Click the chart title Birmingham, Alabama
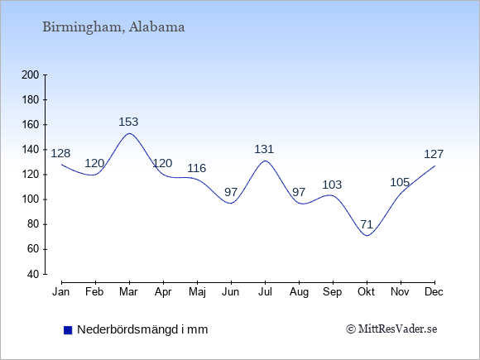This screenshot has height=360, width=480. coord(113,27)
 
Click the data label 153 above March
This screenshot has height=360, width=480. coord(128,122)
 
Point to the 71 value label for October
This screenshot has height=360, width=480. coord(367,224)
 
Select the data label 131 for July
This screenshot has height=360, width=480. coord(264,149)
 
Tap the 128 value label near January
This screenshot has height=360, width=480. coord(60,153)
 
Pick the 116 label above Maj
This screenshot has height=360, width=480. coord(196,168)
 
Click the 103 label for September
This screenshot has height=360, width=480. coord(332,185)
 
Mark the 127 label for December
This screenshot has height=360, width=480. coord(434,154)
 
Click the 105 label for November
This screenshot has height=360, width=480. coord(400,182)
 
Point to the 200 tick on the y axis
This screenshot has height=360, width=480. coord(31,74)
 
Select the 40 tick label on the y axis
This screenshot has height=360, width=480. coord(33,274)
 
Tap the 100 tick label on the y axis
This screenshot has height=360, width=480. coord(31,199)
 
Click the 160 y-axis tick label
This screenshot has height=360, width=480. coord(31,125)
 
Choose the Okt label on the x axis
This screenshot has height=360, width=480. coord(366,292)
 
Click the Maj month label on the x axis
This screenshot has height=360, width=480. coord(197,292)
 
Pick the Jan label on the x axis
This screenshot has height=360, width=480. coord(61,292)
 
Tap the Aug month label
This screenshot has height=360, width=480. coord(299,292)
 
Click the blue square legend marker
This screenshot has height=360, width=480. coord(68,330)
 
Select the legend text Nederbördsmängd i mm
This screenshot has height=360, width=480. coord(142,329)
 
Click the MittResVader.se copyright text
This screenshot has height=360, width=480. coord(391,329)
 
